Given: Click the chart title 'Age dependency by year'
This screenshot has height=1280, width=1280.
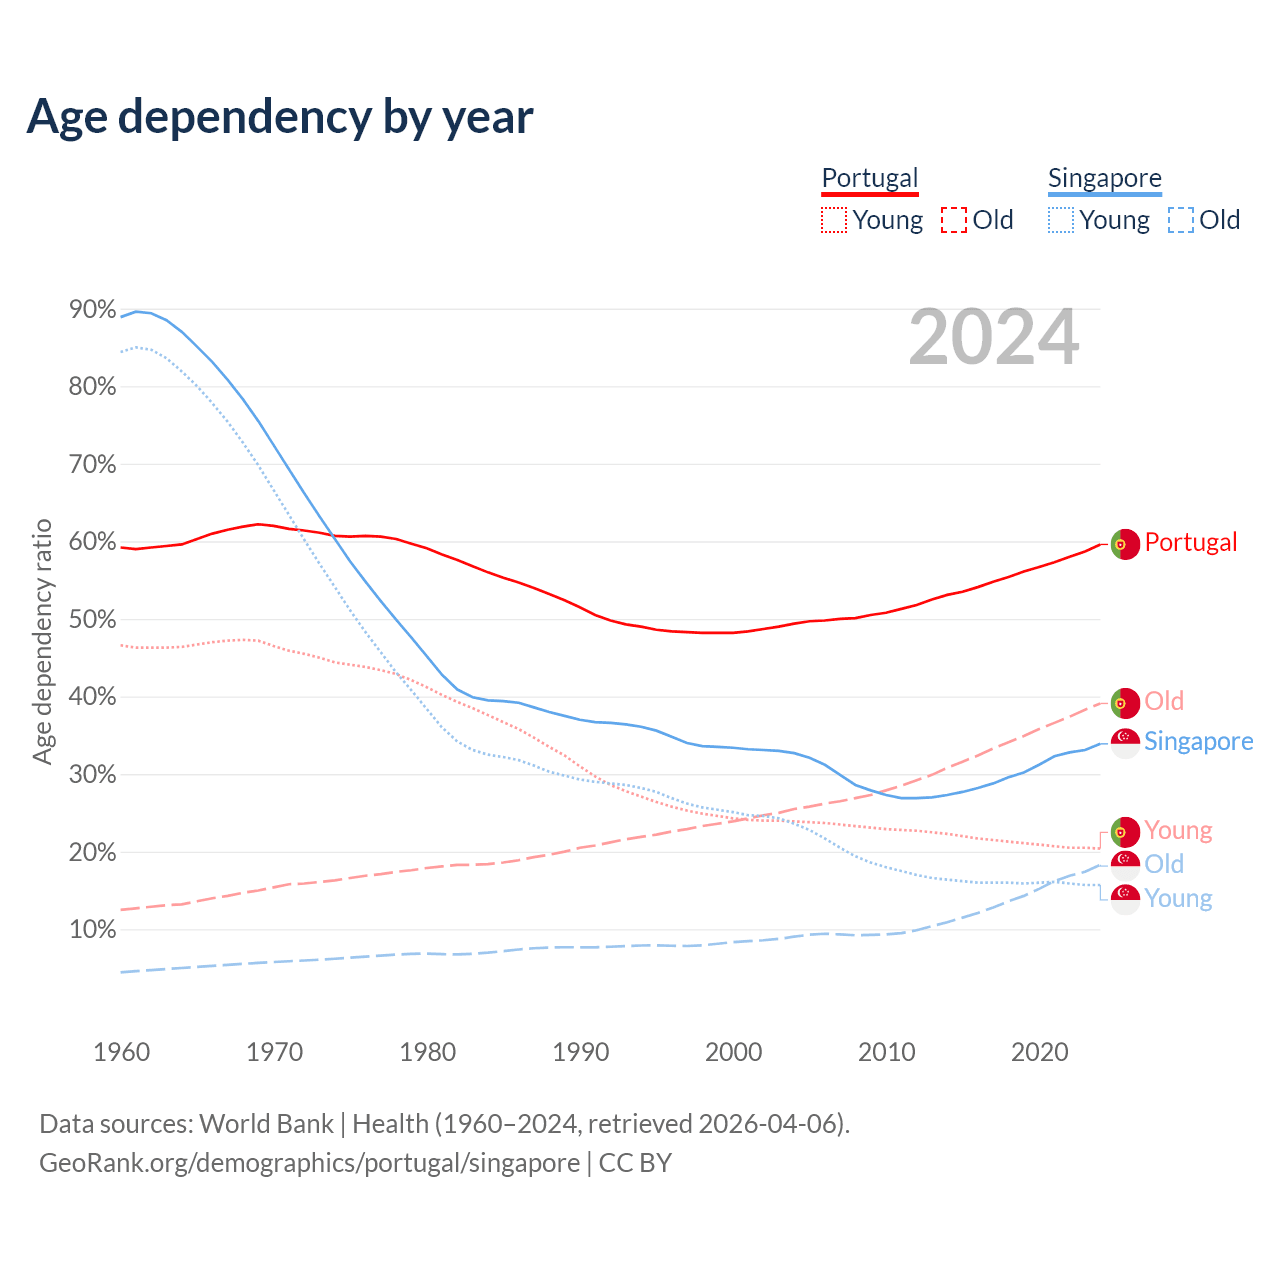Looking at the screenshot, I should click(280, 117).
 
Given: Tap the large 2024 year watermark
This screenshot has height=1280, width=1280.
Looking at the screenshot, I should click(993, 338).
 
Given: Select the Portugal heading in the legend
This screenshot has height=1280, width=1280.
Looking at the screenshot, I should click(869, 178).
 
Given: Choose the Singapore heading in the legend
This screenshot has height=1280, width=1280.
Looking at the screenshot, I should click(1104, 178).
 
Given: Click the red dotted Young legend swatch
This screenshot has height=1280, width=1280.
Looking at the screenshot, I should click(834, 220).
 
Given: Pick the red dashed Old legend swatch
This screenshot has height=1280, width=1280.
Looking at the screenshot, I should click(954, 220).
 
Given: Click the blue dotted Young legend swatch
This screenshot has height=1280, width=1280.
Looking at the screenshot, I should click(1061, 220).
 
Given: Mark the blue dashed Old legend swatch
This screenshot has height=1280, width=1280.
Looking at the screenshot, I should click(1181, 220).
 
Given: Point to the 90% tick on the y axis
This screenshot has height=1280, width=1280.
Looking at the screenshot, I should click(92, 310).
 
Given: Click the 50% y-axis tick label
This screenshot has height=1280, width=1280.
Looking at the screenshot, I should click(92, 620).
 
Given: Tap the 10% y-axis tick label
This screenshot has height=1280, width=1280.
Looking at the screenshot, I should click(92, 930).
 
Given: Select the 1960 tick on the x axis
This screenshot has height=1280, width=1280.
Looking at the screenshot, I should click(121, 1052).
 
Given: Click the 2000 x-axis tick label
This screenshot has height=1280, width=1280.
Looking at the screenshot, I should click(733, 1052).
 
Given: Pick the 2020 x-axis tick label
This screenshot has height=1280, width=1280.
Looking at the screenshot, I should click(1039, 1052).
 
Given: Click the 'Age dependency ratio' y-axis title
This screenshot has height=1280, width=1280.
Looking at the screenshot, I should click(42, 641).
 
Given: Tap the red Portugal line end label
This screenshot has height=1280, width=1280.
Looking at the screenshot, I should click(1190, 542).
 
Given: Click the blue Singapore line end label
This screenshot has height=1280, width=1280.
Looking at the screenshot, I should click(1198, 741).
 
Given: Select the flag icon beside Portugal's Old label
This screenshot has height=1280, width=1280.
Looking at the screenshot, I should click(1125, 703).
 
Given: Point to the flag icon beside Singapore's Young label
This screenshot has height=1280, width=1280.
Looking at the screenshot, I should click(1125, 899).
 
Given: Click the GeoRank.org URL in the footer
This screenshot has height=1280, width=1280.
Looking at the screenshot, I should click(309, 1163).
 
